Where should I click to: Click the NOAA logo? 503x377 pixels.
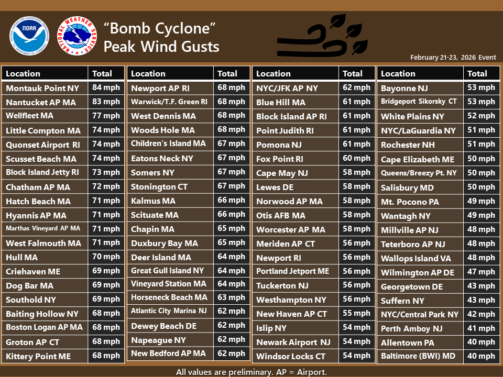point(29,36)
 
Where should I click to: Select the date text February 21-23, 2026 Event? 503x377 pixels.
point(453,58)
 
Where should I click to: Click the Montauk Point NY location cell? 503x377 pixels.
point(42,88)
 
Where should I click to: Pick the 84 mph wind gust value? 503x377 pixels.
point(106,88)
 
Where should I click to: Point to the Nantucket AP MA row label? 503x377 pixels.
point(41,103)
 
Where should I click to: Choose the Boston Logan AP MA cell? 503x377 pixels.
point(44,327)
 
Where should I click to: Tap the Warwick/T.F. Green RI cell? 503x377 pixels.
point(169,102)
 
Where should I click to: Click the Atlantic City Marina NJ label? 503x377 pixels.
point(169,311)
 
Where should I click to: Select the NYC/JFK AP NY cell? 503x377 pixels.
point(287,88)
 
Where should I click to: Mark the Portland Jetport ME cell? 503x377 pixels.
point(292,271)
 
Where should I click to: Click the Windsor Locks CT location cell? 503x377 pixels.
point(290,356)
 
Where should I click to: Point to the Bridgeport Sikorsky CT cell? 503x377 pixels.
point(419,102)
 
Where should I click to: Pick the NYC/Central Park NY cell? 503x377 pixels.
point(419,315)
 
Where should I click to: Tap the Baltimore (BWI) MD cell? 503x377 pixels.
point(418,356)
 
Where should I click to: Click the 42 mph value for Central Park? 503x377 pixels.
point(480,314)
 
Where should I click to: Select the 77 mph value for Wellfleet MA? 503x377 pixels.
point(106,116)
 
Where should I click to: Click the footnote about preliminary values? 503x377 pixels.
point(251,372)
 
